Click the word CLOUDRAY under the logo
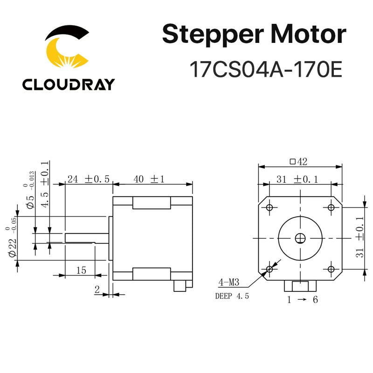pos(68,84)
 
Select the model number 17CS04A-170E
pos(266,70)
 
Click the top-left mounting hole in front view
pos(269,207)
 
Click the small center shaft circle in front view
pos(300,238)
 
